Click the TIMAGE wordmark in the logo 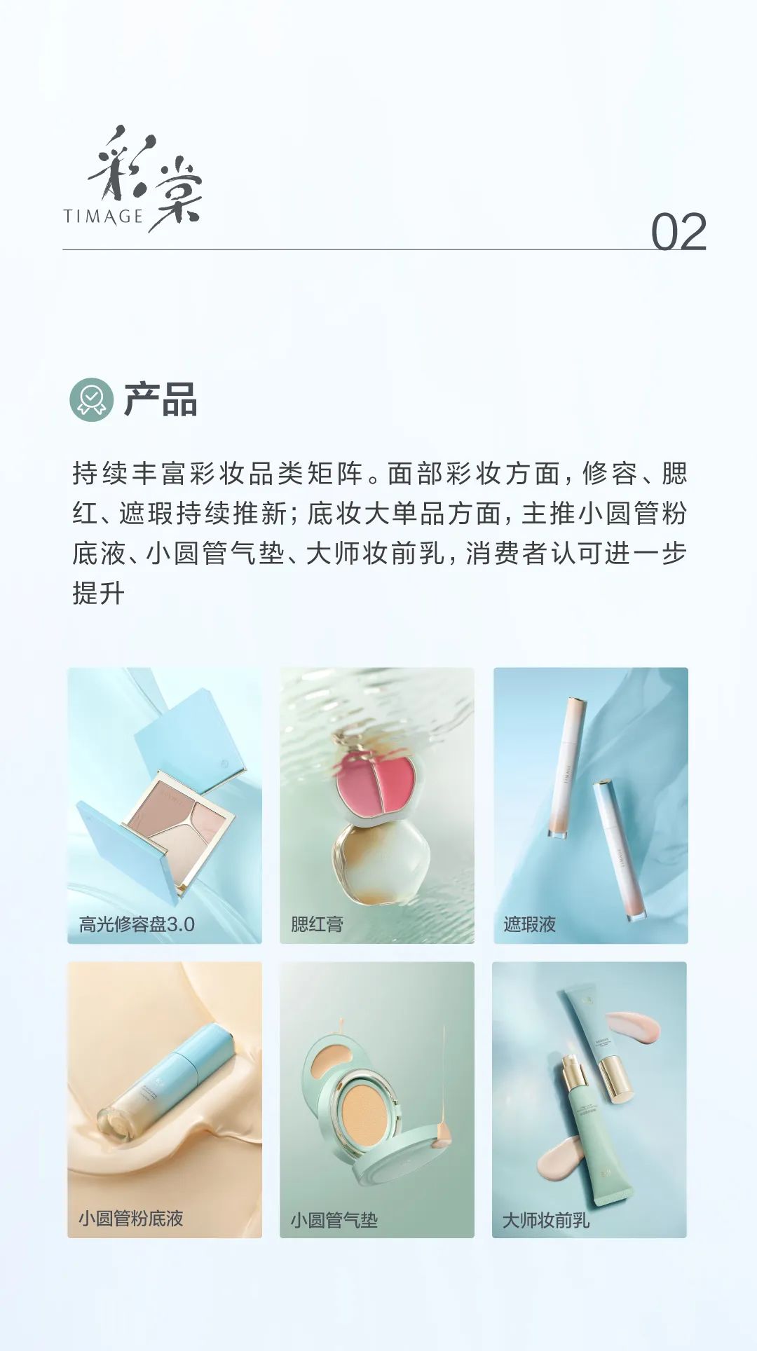pyautogui.click(x=103, y=217)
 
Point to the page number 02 pyautogui.click(x=678, y=232)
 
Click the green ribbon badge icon pyautogui.click(x=92, y=399)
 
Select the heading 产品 pyautogui.click(x=161, y=400)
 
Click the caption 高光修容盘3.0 pyautogui.click(x=137, y=924)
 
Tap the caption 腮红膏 pyautogui.click(x=317, y=924)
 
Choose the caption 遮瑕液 pyautogui.click(x=529, y=924)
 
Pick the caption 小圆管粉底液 pyautogui.click(x=131, y=1219)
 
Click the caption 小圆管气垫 pyautogui.click(x=334, y=1221)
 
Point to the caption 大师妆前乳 pyautogui.click(x=546, y=1221)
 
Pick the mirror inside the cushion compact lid pyautogui.click(x=327, y=1059)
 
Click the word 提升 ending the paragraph pyautogui.click(x=99, y=594)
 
